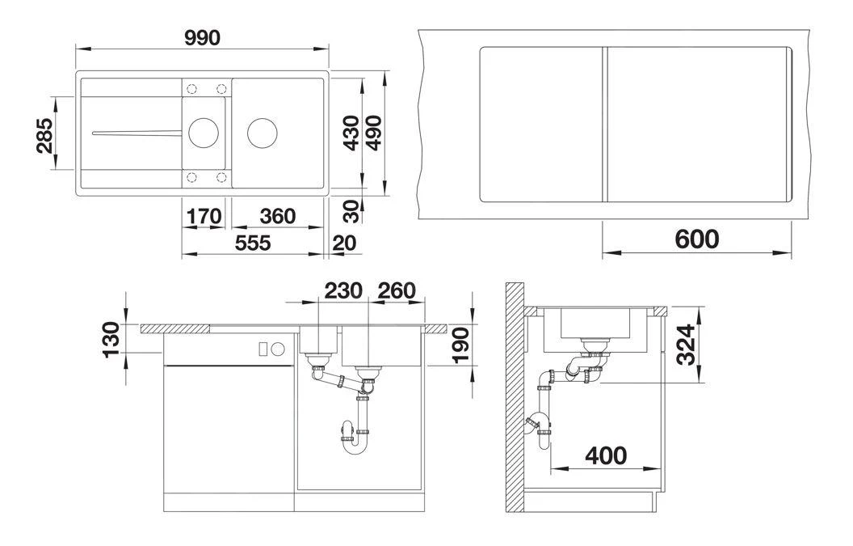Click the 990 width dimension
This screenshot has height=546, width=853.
(202, 37)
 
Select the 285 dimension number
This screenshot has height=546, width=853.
(44, 135)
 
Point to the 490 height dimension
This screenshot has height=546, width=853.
(374, 133)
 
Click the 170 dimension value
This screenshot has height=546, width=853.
(204, 216)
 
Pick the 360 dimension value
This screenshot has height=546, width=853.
(277, 216)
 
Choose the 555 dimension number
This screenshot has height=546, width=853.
(253, 243)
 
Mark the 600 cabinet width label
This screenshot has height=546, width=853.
(697, 239)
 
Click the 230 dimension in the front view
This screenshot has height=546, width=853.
(343, 290)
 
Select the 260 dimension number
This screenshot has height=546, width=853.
(397, 290)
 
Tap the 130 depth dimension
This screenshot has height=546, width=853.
(111, 340)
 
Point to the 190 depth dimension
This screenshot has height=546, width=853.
(460, 345)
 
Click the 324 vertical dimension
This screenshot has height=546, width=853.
(686, 345)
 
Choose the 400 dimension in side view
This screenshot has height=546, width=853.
(606, 455)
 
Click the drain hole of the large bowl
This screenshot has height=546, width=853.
(263, 133)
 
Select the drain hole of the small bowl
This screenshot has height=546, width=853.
(204, 133)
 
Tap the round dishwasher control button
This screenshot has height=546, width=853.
(278, 349)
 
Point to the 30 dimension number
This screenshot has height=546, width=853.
(352, 211)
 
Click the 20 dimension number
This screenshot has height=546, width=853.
(344, 243)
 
